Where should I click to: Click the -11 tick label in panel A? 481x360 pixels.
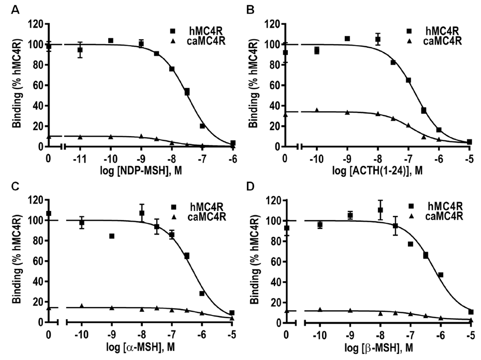80,157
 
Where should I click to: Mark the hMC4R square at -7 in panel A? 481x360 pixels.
202,126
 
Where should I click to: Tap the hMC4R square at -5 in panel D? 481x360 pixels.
471,312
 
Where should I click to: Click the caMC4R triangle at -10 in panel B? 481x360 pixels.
316,110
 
